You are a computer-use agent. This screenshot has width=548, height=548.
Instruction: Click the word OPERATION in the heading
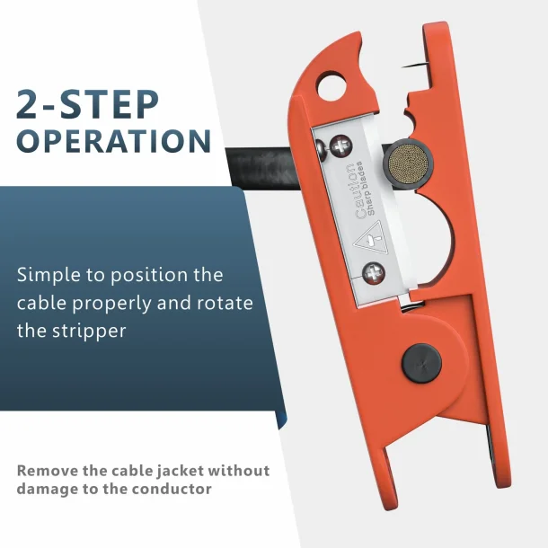[114, 140]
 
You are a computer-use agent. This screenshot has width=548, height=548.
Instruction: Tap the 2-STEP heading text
[87, 105]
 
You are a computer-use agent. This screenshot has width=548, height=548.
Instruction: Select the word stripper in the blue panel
[89, 331]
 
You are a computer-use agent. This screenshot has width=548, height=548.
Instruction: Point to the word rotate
[225, 303]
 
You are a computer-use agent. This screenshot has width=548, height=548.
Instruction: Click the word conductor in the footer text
[172, 489]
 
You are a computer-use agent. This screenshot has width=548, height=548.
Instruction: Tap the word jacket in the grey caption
[180, 472]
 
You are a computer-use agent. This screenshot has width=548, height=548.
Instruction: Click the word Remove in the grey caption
[48, 471]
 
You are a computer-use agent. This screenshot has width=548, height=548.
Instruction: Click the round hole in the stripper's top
[331, 86]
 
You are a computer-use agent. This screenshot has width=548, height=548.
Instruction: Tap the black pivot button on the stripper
[421, 364]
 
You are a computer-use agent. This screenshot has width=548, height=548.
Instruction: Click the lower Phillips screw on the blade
[374, 273]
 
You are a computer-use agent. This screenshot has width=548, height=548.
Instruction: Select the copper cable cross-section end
[408, 164]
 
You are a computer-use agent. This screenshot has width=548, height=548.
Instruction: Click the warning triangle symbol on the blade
[368, 240]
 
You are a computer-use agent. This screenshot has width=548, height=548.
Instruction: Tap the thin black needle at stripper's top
[415, 65]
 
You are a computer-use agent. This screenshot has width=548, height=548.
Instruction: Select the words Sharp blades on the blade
[367, 188]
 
